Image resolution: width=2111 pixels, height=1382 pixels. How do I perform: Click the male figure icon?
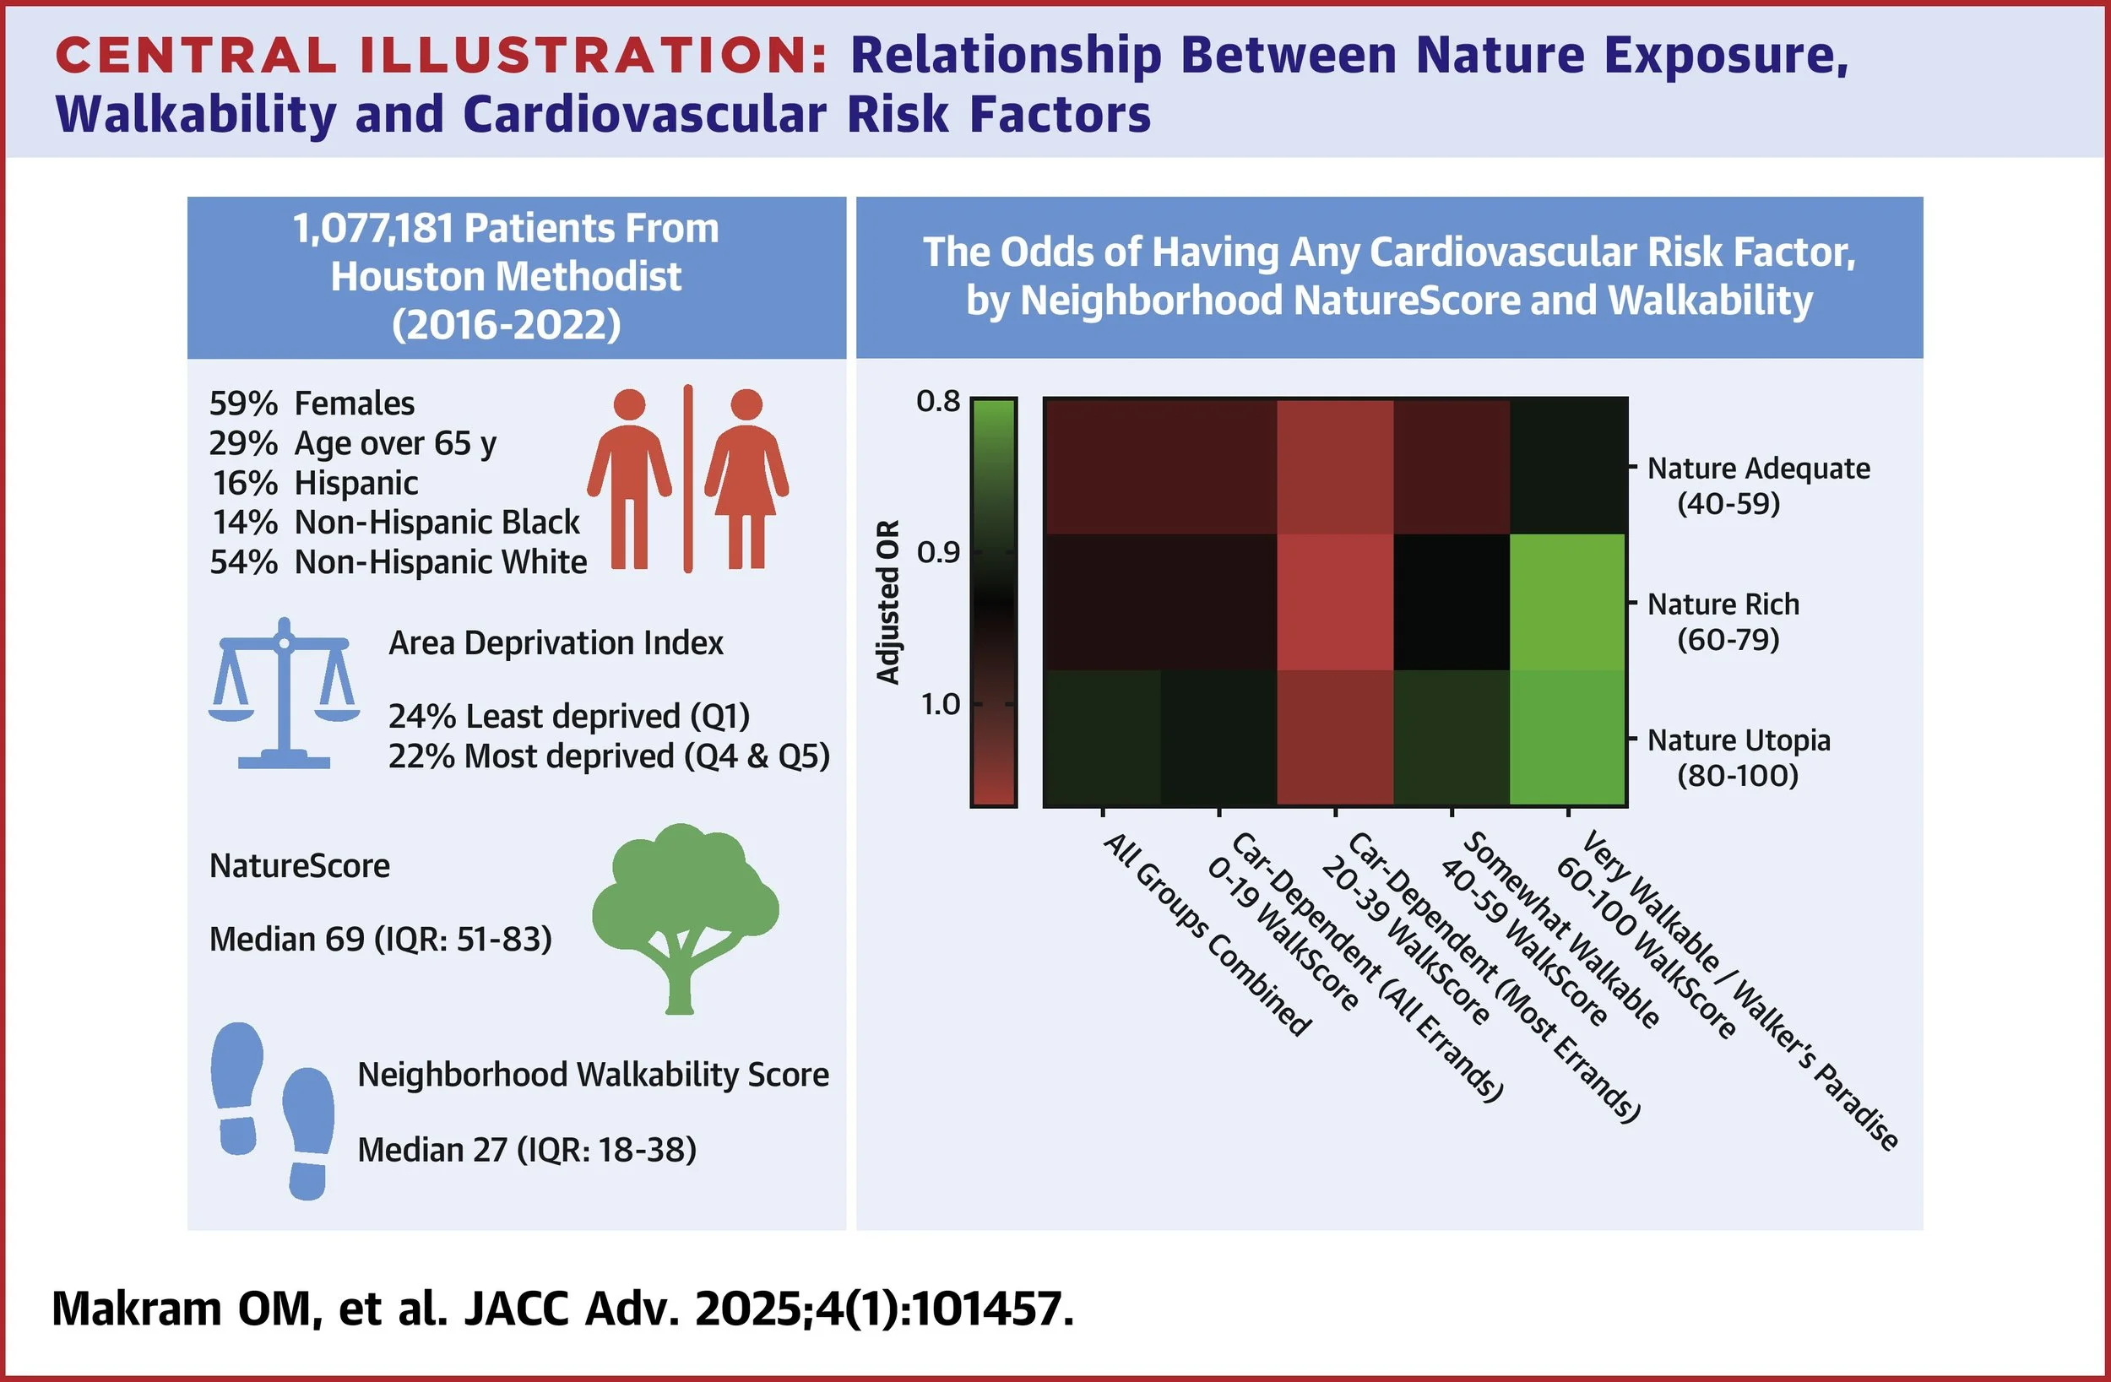click(630, 479)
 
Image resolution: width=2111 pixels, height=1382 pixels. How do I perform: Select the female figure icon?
click(746, 479)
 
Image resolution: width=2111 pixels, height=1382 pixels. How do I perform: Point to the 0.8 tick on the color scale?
click(937, 402)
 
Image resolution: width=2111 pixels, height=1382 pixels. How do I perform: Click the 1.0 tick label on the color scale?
click(939, 704)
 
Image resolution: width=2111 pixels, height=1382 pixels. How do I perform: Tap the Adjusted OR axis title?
click(887, 602)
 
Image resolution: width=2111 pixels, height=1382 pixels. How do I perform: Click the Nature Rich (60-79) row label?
click(1723, 621)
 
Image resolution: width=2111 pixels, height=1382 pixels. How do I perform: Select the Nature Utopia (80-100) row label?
click(1739, 757)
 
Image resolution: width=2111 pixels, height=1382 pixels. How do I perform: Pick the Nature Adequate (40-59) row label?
click(1758, 485)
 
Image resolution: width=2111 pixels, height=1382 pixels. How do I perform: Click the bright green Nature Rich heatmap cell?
click(1568, 602)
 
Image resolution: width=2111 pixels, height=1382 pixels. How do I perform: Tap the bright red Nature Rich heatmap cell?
click(1335, 602)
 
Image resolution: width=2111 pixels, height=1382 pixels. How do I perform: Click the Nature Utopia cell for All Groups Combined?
click(1103, 738)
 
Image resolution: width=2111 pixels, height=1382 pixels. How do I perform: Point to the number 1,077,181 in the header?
click(372, 229)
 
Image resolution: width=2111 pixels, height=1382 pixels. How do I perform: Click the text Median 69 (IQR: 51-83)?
click(381, 939)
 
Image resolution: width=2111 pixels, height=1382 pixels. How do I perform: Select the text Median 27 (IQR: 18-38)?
click(527, 1150)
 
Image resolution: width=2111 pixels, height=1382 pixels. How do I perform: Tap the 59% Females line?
click(312, 404)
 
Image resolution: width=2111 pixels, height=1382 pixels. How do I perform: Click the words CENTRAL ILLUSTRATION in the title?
click(442, 55)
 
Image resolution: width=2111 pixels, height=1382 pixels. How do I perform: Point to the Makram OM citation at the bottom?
click(563, 1309)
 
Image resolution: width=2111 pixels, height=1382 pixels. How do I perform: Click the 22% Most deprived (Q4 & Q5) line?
click(610, 756)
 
